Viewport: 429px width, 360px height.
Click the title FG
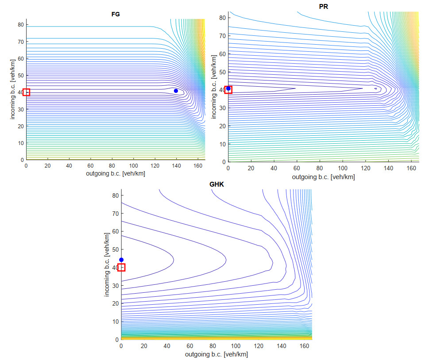[x=115, y=14]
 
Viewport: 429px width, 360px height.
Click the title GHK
[x=216, y=184]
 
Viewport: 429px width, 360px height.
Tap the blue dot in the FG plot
[x=176, y=91]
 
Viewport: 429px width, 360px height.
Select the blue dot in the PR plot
[x=228, y=88]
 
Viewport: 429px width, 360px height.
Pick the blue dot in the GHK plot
[x=121, y=260]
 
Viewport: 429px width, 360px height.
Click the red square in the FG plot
[x=26, y=92]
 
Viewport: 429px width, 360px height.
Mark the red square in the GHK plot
[x=121, y=267]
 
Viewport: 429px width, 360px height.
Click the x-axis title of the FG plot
[x=116, y=173]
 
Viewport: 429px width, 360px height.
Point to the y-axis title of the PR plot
[x=214, y=88]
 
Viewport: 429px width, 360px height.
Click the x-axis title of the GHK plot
[x=216, y=354]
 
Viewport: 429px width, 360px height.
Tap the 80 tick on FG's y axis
[x=20, y=25]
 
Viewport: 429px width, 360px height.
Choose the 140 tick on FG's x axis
[x=176, y=165]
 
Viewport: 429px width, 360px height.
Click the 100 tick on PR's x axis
[x=342, y=168]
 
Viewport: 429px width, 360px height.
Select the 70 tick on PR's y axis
[x=222, y=36]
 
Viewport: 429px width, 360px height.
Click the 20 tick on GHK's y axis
[x=115, y=303]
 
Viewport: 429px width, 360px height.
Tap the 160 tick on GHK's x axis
[x=304, y=346]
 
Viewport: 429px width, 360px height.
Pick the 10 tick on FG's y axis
[x=20, y=143]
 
